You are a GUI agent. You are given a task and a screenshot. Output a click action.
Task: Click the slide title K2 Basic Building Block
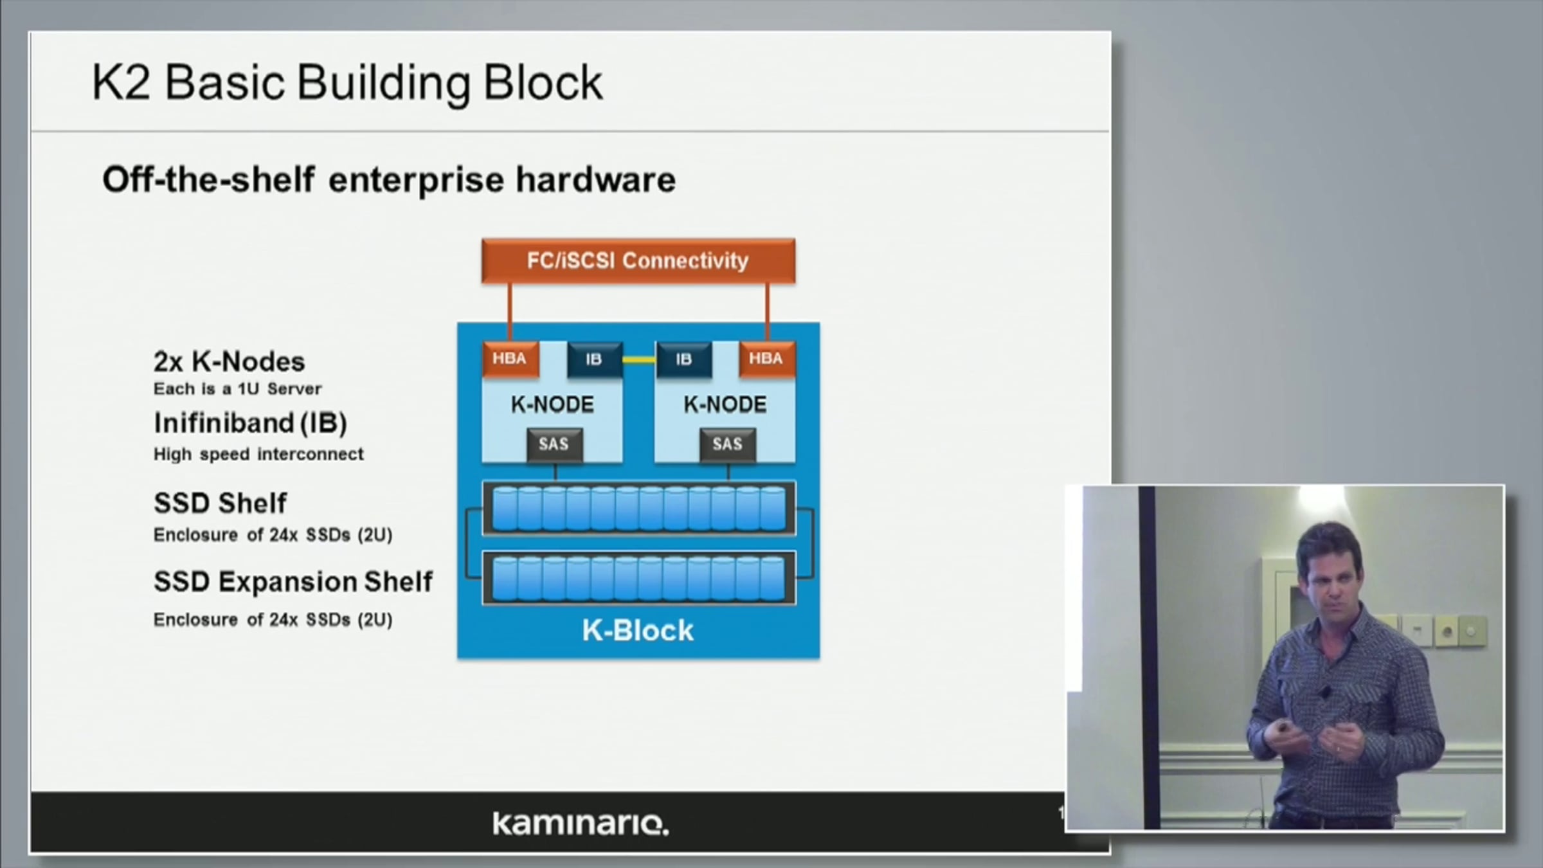click(347, 83)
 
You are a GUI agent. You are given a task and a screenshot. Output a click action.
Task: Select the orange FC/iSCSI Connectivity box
click(638, 260)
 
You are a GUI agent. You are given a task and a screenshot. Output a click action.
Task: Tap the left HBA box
click(510, 359)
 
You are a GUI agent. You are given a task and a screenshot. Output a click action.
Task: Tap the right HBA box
click(766, 359)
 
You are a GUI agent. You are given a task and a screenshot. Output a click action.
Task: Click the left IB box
click(594, 359)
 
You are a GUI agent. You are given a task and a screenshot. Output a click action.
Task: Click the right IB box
click(683, 359)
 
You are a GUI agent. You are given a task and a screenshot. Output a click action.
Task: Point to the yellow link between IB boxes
click(638, 359)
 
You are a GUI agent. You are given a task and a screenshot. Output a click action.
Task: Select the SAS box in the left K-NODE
click(554, 444)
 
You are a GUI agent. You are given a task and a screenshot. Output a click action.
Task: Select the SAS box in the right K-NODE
click(727, 444)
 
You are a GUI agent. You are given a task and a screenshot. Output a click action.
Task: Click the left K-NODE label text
click(552, 405)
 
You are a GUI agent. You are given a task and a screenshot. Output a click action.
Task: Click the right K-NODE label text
click(725, 405)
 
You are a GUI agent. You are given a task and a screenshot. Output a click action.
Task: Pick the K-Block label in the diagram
click(638, 631)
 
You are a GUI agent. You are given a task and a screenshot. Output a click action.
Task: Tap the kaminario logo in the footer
click(581, 824)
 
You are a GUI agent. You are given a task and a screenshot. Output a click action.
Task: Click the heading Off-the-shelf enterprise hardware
click(389, 179)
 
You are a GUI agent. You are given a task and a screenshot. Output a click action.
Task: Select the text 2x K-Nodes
click(229, 362)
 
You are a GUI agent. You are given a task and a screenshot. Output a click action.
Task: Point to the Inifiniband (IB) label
click(250, 423)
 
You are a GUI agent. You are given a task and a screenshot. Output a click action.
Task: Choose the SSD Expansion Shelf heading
click(293, 582)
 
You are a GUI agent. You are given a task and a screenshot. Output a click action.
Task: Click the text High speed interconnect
click(258, 455)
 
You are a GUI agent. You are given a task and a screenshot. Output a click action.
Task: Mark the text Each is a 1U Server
click(237, 389)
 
